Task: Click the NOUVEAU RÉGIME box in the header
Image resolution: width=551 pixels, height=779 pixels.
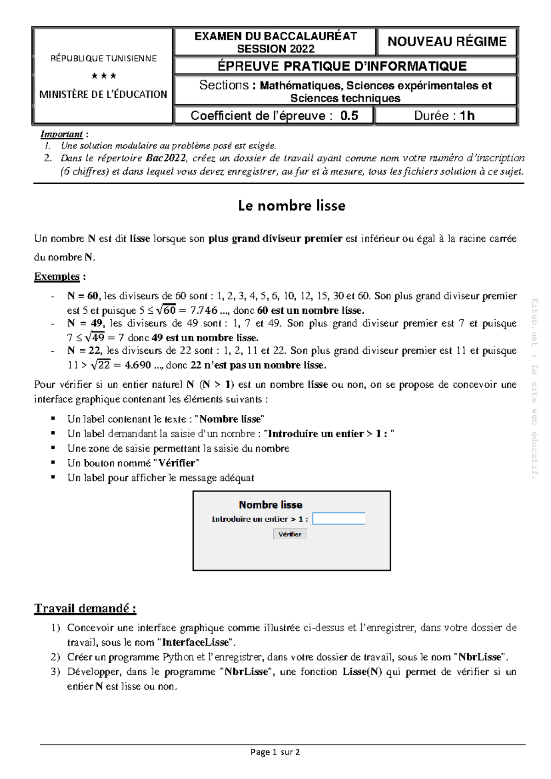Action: coord(447,42)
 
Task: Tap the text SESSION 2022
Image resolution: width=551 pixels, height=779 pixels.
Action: coord(275,49)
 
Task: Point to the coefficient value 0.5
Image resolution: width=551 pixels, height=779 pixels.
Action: coord(349,116)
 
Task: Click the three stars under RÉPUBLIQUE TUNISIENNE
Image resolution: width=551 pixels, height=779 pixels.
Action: coord(104,76)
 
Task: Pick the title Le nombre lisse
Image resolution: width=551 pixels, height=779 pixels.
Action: coord(292,206)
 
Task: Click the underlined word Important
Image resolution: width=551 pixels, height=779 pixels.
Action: coord(62,134)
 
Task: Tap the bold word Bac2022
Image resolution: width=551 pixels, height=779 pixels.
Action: coord(166,158)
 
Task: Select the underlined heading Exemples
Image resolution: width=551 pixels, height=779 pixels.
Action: coord(57,277)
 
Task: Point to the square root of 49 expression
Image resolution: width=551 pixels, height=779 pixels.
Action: coord(95,338)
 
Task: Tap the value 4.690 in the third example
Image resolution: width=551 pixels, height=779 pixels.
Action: coord(138,365)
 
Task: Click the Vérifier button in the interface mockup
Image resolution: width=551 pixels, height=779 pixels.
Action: coord(290,534)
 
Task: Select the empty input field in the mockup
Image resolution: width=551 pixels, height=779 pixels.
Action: coord(338,519)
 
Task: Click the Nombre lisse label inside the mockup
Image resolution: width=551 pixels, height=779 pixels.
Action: coord(270,505)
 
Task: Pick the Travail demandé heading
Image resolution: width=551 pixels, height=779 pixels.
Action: coord(85,609)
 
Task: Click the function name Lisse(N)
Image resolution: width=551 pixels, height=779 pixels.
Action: coord(362,672)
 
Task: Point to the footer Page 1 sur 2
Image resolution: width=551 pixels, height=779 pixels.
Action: coord(275,752)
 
